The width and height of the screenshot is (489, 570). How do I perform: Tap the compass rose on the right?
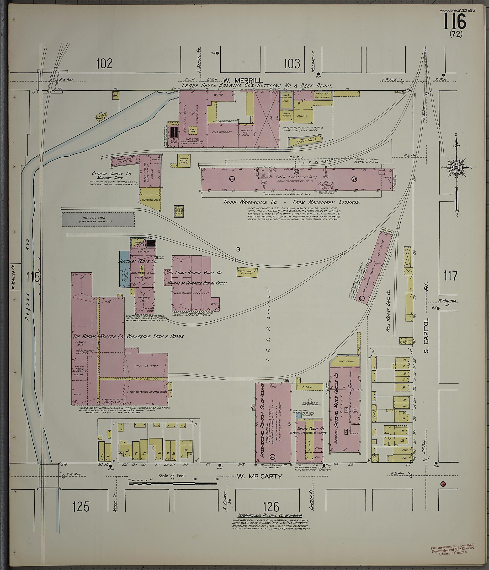click(x=456, y=167)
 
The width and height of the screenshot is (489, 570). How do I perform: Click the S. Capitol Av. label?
click(x=426, y=308)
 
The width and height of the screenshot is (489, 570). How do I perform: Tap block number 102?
click(x=104, y=64)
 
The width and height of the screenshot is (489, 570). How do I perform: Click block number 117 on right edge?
click(x=451, y=275)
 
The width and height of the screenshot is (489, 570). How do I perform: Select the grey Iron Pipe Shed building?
click(x=98, y=219)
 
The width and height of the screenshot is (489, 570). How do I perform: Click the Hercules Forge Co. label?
click(x=137, y=262)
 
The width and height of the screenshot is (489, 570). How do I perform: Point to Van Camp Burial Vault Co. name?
click(x=194, y=273)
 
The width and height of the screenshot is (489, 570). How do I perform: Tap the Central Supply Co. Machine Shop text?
click(x=112, y=176)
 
